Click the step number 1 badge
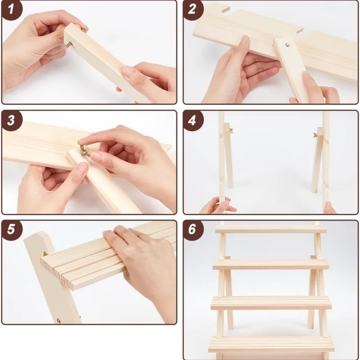point(12,10)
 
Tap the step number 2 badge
point(193,10)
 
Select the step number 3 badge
point(12,120)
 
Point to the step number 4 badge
point(193,120)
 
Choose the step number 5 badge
point(12,230)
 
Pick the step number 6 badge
point(193,230)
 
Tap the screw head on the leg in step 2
point(287,45)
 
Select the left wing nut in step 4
point(231,130)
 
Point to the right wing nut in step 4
point(315,135)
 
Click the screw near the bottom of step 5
point(58,320)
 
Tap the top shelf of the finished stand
point(270,229)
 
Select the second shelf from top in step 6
point(271,264)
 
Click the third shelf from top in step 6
point(271,302)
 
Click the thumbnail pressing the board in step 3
point(82,167)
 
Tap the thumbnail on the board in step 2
point(245,40)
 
